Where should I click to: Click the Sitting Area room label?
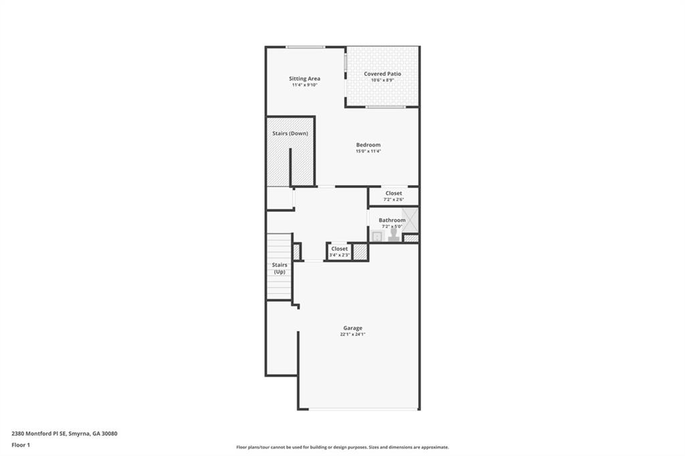304,79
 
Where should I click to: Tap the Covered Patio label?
382,74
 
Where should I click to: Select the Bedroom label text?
369,144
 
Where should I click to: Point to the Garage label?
353,328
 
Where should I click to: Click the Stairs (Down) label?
290,133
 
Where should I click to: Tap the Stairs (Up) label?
280,268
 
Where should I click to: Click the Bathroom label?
392,220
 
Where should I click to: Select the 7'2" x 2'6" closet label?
393,199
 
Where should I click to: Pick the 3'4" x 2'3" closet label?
339,255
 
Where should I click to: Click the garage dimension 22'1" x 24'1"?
353,334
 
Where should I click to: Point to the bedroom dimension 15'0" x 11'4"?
369,151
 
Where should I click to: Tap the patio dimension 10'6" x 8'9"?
382,80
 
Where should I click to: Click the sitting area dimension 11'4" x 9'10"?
304,85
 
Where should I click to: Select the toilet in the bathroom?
393,235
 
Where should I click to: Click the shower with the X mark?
410,220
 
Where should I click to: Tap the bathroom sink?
377,236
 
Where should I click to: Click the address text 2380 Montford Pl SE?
39,434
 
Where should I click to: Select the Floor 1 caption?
21,445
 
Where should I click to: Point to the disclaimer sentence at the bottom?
342,447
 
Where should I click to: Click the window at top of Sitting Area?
305,47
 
